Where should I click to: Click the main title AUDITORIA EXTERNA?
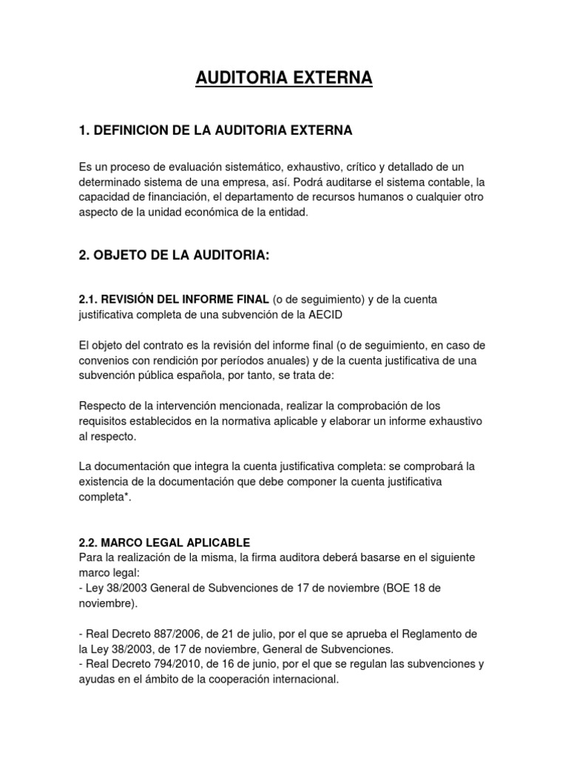pyautogui.click(x=284, y=78)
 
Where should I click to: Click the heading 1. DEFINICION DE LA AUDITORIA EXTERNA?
pyautogui.click(x=215, y=131)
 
